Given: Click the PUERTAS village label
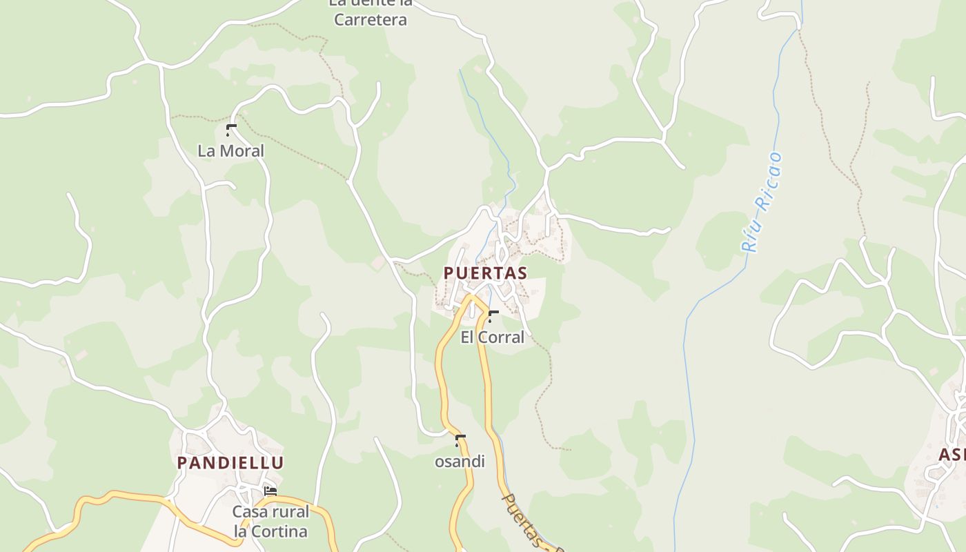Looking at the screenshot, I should point(485,273).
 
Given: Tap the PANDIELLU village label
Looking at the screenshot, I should point(230,462).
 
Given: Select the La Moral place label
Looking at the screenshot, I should point(230,150).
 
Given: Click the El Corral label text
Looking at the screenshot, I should point(492,337).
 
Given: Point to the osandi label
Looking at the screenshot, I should point(460,462).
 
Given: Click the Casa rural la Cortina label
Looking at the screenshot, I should point(270,522).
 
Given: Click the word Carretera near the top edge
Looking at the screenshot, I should point(371,19).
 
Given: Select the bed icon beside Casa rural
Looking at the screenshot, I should point(270,491).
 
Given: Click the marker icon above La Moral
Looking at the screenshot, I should point(230,129).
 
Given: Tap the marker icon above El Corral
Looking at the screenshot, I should point(493,316).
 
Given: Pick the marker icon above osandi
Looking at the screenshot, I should point(460,440).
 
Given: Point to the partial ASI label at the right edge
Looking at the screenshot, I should point(952,454).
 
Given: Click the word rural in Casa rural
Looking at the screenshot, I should point(290,512).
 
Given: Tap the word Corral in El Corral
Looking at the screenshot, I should point(502,337).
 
